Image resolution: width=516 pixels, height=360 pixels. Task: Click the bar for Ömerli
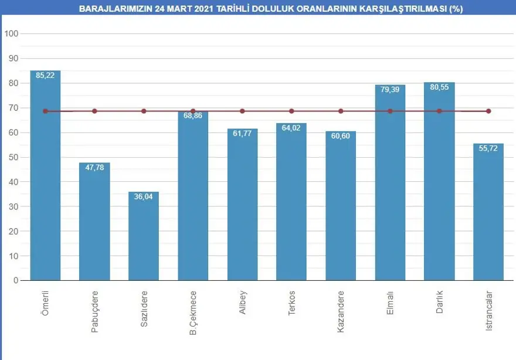[45, 176]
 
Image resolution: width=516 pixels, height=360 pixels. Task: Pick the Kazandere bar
[341, 206]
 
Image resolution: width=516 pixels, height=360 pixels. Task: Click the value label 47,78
[94, 168]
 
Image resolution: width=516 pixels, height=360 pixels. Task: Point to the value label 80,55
[439, 87]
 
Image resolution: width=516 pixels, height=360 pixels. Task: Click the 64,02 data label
[291, 128]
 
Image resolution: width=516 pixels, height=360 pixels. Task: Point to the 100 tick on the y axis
[12, 33]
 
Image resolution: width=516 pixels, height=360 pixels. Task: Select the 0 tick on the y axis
[16, 280]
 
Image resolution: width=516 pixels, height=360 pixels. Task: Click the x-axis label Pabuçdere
[94, 311]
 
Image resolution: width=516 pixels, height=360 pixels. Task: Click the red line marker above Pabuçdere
[94, 111]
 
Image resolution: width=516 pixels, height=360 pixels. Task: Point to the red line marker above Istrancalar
[488, 111]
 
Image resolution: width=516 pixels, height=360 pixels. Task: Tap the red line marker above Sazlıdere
[144, 111]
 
